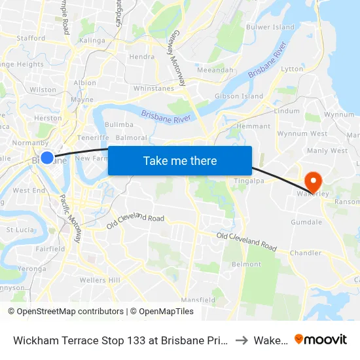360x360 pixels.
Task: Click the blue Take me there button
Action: click(180, 160)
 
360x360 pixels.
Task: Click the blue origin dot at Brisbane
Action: click(47, 158)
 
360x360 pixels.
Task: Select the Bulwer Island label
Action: click(270, 27)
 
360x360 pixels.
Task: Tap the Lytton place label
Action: click(291, 69)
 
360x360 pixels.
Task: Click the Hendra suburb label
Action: click(142, 57)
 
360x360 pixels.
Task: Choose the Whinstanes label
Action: click(154, 88)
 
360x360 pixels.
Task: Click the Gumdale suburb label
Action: click(306, 222)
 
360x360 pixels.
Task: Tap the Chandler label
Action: click(306, 253)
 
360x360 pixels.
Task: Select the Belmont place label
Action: click(246, 264)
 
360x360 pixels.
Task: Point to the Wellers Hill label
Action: click(99, 280)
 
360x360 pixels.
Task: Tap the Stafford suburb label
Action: click(31, 39)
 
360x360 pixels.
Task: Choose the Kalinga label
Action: click(92, 41)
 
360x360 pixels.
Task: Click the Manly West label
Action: click(327, 151)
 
